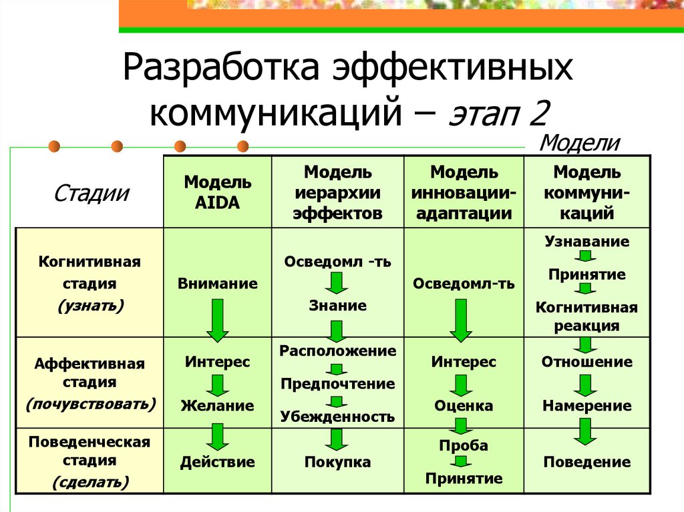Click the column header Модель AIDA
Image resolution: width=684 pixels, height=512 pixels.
tap(218, 192)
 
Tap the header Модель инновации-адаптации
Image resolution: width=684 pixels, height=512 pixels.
tap(464, 193)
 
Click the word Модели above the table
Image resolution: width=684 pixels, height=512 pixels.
tap(579, 143)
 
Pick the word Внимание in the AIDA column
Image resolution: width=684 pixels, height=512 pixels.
tap(218, 284)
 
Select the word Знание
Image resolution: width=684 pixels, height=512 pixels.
tap(337, 306)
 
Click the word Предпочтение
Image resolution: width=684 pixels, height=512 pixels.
tap(337, 384)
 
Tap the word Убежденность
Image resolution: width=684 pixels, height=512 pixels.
tap(337, 417)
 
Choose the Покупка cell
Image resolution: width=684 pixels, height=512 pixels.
tap(337, 462)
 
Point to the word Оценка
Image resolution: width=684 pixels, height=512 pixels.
tap(464, 406)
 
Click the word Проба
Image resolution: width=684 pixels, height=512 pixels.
tap(464, 445)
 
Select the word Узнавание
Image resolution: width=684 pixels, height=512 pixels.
tap(587, 242)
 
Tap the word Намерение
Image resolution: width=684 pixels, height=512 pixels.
tap(587, 406)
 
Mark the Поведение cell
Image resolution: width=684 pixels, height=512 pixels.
tap(587, 462)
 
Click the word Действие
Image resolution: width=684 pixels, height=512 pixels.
tap(218, 462)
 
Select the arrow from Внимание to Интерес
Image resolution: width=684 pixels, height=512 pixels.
tap(218, 320)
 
